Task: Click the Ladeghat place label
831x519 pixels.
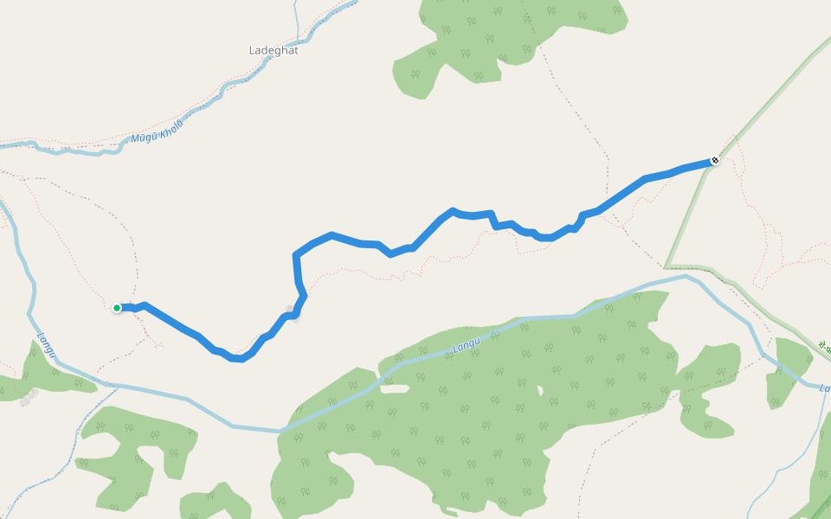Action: pyautogui.click(x=273, y=50)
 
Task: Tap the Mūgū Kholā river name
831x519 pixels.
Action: pyautogui.click(x=157, y=132)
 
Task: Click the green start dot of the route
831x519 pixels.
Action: pyautogui.click(x=117, y=307)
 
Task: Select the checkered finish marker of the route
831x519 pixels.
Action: pyautogui.click(x=715, y=160)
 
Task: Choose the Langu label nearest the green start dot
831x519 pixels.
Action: pyautogui.click(x=46, y=345)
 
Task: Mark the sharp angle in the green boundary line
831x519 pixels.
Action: pyautogui.click(x=667, y=266)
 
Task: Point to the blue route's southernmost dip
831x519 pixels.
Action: pyautogui.click(x=236, y=358)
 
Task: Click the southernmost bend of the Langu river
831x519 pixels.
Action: pyautogui.click(x=279, y=430)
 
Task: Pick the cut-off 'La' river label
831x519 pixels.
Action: pyautogui.click(x=824, y=388)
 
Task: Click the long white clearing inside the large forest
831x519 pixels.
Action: pyautogui.click(x=395, y=388)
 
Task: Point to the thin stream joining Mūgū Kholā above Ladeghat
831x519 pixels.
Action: pyautogui.click(x=297, y=22)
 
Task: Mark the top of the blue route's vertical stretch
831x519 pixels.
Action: pyautogui.click(x=297, y=254)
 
